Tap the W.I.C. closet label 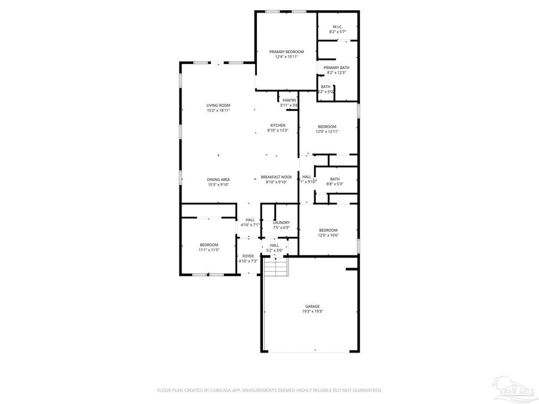(337, 26)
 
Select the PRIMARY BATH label (337, 68)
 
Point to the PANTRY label (289, 100)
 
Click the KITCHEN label (278, 125)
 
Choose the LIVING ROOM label (218, 105)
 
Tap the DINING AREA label (218, 180)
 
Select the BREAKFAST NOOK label (276, 177)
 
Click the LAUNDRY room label (281, 223)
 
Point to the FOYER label (247, 256)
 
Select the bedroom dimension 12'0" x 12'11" (327, 132)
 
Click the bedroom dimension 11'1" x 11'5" (209, 250)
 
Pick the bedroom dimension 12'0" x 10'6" (328, 235)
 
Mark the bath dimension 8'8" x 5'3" (335, 184)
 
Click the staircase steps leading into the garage (276, 266)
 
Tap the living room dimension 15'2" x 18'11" (218, 111)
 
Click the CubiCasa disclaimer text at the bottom (269, 390)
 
